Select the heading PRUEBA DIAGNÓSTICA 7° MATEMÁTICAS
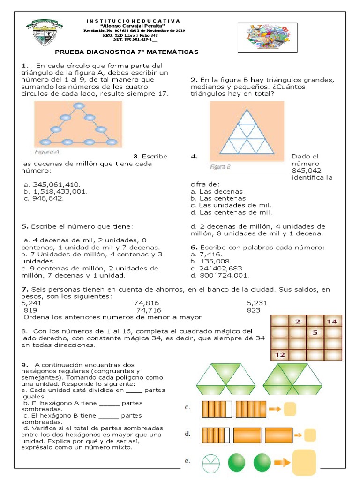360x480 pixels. (x=127, y=52)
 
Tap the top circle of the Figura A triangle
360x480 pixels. (x=78, y=105)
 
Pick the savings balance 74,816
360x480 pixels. (x=147, y=303)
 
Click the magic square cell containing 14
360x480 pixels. (x=332, y=322)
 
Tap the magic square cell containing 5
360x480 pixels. (x=315, y=333)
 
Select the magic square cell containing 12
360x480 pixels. (x=280, y=354)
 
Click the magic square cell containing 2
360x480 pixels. (x=297, y=322)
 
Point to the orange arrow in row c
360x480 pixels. (x=275, y=409)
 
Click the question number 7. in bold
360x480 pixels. (x=25, y=290)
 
